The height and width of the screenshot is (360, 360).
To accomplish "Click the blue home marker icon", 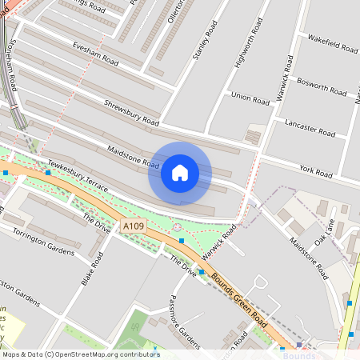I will click(180, 173).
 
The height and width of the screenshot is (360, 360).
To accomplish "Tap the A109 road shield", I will click(134, 228).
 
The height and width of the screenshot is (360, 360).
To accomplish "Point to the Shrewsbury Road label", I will click(131, 112).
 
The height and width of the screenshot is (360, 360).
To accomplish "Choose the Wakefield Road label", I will click(332, 42).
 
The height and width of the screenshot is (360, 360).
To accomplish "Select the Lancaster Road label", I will click(310, 127).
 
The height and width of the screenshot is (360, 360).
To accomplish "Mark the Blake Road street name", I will click(93, 270).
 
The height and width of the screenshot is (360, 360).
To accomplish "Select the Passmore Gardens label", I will click(183, 314).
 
